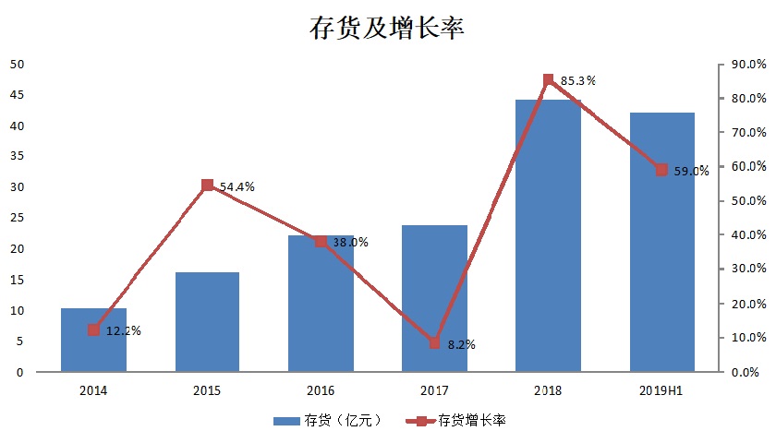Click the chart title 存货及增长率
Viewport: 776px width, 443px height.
[386, 29]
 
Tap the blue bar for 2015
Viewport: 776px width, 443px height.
[207, 323]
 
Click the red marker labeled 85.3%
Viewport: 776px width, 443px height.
[548, 80]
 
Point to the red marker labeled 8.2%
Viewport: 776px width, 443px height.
[434, 343]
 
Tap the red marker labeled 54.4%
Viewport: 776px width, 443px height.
[207, 186]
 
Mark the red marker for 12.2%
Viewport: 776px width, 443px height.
[93, 329]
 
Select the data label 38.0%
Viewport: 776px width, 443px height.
[350, 243]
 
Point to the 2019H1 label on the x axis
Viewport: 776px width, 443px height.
[661, 391]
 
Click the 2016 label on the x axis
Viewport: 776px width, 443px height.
[321, 391]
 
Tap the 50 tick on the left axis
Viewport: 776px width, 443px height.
[17, 64]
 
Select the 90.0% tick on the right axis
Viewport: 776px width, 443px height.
[747, 64]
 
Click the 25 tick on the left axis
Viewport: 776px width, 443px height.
[17, 218]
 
